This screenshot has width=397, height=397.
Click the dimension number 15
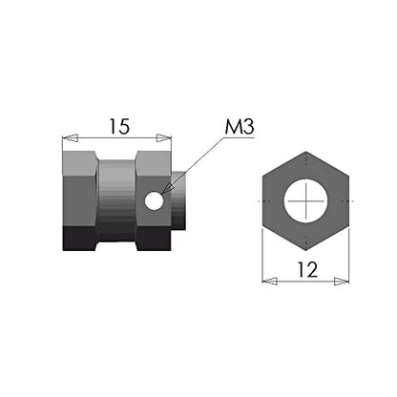(119, 126)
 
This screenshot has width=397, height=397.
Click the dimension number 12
(307, 270)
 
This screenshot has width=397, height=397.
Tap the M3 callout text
(240, 127)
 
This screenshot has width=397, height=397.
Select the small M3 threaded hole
(155, 201)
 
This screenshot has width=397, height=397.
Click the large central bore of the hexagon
(305, 201)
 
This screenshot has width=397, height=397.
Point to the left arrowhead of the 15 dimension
(70, 138)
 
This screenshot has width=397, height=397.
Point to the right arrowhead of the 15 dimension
(163, 138)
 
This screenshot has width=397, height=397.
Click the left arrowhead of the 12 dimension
(269, 282)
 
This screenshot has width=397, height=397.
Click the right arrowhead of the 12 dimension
(342, 282)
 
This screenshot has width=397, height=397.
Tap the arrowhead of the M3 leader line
(167, 189)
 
